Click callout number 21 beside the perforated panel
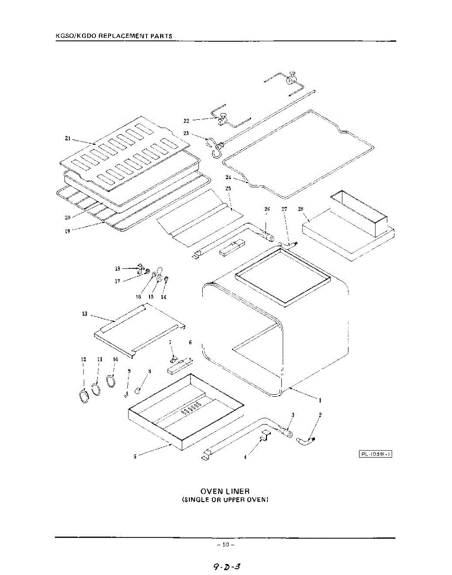[68, 138]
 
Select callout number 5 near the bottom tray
[135, 457]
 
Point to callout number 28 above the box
[301, 209]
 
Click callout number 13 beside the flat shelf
[85, 314]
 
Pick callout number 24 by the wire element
[228, 177]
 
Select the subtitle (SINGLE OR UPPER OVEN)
[225, 500]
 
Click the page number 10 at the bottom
[225, 545]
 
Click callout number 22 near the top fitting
[186, 121]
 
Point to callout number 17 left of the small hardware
[117, 281]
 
